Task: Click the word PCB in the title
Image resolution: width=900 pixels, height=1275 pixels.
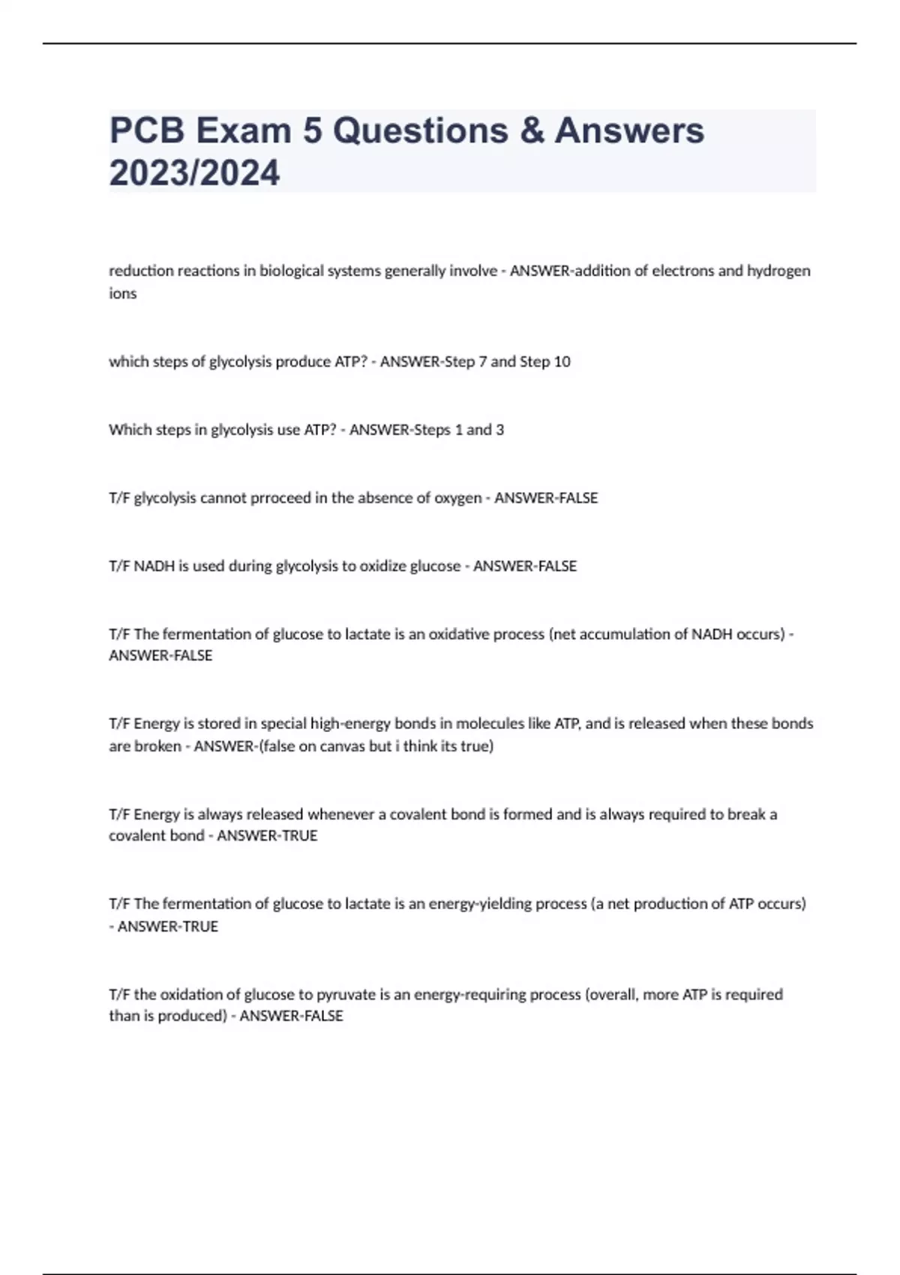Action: (147, 130)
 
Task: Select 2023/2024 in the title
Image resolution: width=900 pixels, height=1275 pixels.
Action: (194, 173)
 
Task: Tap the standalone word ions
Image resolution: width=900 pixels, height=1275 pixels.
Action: (123, 293)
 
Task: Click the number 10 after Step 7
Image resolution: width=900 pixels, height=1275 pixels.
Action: (562, 361)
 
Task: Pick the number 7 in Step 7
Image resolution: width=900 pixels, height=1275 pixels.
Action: (482, 361)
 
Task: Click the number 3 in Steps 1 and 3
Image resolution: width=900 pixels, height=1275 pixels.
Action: (499, 430)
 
